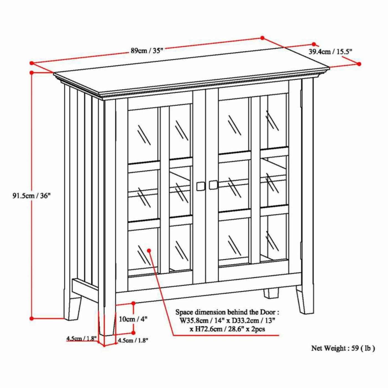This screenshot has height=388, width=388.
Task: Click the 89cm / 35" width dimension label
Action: point(147,50)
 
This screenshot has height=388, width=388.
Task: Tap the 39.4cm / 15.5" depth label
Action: point(331,52)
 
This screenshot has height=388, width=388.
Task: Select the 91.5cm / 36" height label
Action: point(31,196)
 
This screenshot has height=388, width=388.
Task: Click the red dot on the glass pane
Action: point(149,251)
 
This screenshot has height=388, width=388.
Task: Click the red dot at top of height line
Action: point(31,73)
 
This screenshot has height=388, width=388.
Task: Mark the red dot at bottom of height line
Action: point(31,318)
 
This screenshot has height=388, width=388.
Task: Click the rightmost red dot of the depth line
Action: point(359,64)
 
